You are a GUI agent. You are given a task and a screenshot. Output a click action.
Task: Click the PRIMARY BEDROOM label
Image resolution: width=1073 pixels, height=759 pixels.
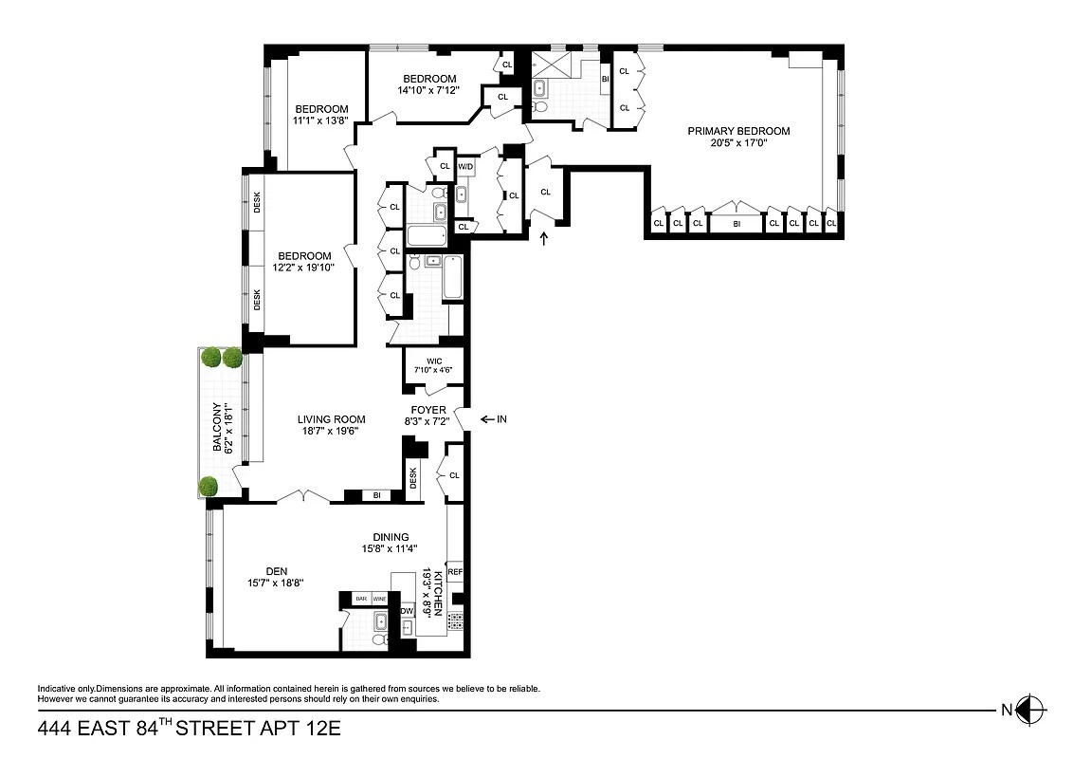[738, 131]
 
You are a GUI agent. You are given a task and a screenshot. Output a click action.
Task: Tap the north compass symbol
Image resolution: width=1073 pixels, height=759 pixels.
[1030, 708]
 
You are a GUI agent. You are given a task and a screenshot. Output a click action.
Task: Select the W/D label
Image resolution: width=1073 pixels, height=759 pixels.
[465, 167]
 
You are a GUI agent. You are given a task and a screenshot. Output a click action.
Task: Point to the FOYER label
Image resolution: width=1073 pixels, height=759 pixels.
[428, 410]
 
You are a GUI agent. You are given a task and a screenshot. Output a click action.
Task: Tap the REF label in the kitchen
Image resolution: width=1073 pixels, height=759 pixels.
[455, 572]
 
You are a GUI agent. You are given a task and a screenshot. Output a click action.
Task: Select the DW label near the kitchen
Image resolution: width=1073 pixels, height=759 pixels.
[407, 611]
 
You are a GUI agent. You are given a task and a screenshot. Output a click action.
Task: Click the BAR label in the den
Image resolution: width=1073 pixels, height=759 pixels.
[361, 599]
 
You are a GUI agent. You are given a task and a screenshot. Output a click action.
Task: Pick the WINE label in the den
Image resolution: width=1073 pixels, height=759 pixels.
[380, 599]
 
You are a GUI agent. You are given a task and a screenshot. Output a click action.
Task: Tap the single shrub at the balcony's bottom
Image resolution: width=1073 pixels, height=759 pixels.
[209, 487]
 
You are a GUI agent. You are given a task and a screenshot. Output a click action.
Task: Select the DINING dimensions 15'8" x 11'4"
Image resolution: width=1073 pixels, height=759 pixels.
[390, 548]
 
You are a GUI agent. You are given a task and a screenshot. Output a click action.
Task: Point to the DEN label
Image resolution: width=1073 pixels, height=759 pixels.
[277, 571]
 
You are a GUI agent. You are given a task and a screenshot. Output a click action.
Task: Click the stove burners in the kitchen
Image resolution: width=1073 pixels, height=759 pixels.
[456, 621]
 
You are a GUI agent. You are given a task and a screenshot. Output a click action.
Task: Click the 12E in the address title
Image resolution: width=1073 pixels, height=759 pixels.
[318, 730]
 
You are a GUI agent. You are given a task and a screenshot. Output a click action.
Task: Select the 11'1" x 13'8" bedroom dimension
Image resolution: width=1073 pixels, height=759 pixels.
[320, 121]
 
